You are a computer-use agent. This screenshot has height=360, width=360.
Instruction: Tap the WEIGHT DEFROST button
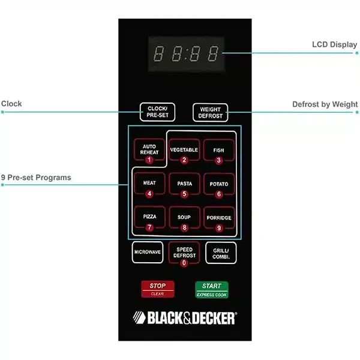pos(211,112)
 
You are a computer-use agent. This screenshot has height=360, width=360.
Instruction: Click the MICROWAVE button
pos(148,253)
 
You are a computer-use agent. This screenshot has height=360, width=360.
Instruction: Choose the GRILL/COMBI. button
pos(221,253)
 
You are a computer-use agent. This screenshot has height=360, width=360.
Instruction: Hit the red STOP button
pos(157,289)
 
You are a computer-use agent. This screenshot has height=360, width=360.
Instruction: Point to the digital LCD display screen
pos(186,53)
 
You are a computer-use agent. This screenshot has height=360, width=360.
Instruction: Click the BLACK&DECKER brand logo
pos(184,317)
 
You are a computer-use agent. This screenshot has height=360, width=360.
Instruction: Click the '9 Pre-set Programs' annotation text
pos(36,178)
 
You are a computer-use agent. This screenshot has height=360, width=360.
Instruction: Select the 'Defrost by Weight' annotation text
pos(325,104)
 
